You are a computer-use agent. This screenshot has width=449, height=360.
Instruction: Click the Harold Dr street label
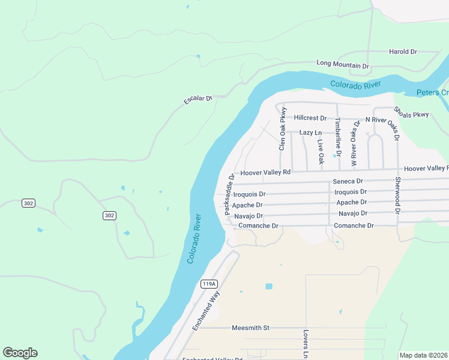pos(403,52)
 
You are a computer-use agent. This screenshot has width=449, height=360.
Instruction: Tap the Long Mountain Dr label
pos(342,64)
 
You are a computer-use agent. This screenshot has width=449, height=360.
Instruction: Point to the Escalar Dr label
pos(199,99)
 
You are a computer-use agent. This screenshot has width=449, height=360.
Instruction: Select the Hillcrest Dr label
pos(310,119)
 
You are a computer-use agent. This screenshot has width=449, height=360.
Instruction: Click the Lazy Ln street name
pos(310,133)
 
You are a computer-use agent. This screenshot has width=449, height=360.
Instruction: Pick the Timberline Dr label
pos(338,137)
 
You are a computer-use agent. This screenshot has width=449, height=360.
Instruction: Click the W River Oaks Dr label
pos(356,143)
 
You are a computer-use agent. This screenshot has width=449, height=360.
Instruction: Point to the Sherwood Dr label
pos(397,196)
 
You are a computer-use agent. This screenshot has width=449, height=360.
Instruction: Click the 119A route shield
pos(208,284)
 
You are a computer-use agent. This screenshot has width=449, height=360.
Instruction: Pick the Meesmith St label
pos(251,328)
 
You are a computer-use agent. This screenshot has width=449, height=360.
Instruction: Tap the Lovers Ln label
pos(306,344)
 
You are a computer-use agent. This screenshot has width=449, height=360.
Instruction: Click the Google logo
pos(20,353)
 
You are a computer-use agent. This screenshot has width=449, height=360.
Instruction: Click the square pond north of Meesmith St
pos(268,286)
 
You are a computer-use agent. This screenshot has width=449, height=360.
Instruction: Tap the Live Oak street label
pos(321,152)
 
